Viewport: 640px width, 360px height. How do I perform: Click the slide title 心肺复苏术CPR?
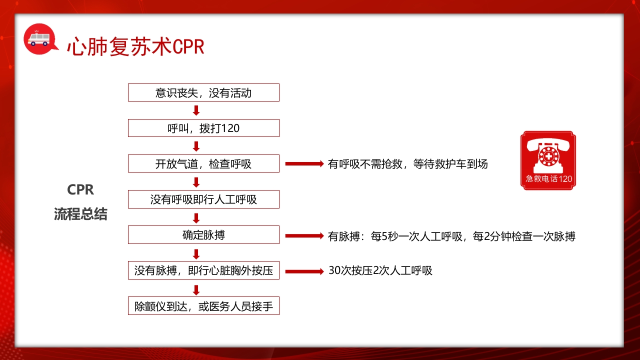coord(135,46)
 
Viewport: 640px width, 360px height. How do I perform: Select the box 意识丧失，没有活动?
coord(203,92)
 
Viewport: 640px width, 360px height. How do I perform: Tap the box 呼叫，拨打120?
coord(203,128)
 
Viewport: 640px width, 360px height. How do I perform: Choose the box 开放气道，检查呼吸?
coord(203,163)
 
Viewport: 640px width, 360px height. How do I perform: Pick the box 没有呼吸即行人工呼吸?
coord(203,199)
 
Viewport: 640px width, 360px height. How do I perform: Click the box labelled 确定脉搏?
coord(203,234)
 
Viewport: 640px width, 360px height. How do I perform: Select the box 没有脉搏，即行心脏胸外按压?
coord(203,270)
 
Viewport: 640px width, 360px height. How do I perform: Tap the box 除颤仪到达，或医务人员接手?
coord(203,306)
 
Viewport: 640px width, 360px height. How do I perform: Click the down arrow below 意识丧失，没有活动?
coord(196,110)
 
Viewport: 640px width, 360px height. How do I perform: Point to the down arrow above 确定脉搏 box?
coord(196,217)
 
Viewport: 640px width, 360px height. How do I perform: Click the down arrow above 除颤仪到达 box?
coord(196,289)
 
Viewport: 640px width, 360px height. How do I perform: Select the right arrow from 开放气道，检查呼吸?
coord(304,163)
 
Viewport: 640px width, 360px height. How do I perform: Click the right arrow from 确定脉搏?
coord(304,235)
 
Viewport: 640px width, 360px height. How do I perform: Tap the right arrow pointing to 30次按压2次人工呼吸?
coord(304,271)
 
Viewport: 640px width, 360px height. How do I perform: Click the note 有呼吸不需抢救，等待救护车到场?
coord(407,163)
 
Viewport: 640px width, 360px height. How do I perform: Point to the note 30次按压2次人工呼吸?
coord(380,270)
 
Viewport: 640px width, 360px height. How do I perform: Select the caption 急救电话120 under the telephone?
coord(548,179)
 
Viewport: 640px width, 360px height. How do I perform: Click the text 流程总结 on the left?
coord(80,214)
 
